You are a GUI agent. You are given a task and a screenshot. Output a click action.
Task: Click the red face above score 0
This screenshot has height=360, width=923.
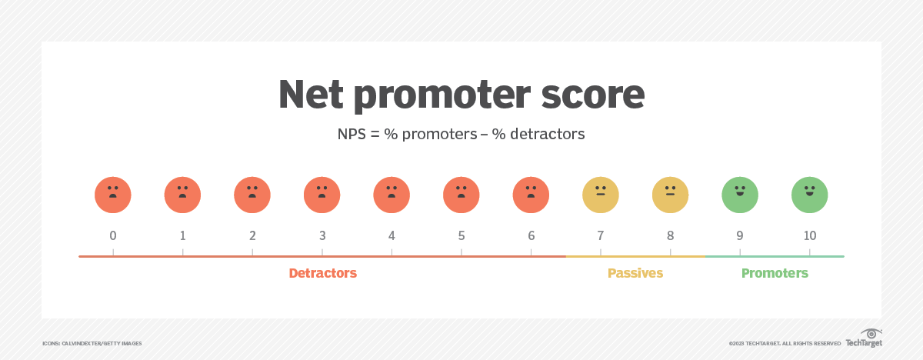(113, 195)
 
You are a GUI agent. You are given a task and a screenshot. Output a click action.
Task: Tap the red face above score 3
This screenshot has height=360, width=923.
(322, 195)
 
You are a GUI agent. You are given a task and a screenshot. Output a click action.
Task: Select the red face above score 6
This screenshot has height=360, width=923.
(531, 195)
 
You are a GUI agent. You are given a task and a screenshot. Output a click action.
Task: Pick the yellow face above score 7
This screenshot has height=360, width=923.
(601, 195)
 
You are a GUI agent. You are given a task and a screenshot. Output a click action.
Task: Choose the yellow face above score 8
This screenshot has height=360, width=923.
(670, 195)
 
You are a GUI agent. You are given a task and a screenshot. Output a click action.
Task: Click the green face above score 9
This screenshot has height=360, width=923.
(740, 195)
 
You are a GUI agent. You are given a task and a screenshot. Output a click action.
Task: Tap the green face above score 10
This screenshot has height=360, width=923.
(809, 195)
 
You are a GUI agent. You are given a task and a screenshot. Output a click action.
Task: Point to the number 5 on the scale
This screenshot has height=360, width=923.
(461, 235)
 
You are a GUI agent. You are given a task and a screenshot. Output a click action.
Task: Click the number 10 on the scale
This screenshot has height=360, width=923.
(810, 235)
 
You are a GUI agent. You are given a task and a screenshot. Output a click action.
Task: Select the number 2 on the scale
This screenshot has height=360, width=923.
(252, 235)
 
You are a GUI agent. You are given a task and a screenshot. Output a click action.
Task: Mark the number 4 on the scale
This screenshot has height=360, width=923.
(392, 235)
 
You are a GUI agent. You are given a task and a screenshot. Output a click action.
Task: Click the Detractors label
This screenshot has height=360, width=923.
(322, 273)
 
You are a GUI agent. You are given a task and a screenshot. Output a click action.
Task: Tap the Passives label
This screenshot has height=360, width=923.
(635, 273)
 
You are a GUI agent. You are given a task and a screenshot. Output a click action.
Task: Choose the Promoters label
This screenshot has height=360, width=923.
(775, 273)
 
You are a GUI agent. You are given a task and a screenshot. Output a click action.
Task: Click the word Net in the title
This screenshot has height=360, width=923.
(311, 95)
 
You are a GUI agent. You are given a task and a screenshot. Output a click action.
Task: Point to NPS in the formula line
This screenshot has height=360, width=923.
(352, 134)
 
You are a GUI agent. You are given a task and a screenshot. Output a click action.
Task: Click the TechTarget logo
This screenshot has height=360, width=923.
(864, 338)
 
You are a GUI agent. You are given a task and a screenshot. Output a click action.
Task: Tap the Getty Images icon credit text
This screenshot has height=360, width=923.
(92, 344)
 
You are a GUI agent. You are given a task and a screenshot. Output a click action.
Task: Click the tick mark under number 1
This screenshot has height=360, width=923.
(182, 252)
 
